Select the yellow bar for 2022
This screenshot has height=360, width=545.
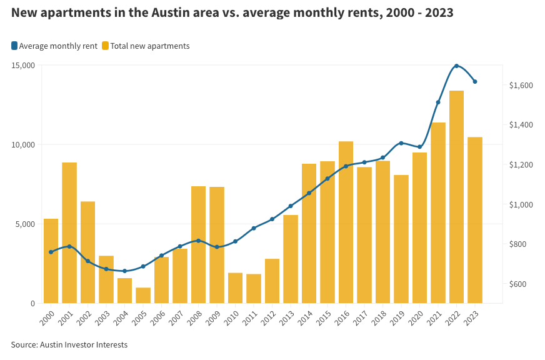(456, 197)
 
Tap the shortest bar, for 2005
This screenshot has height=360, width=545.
(143, 296)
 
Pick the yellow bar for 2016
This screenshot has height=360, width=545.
(346, 222)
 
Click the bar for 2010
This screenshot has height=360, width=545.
(235, 288)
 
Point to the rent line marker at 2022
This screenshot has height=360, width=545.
(456, 66)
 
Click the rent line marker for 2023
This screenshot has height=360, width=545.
(475, 82)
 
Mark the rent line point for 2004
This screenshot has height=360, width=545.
(124, 271)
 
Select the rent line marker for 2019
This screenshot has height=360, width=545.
(401, 143)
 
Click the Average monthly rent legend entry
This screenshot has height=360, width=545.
(54, 46)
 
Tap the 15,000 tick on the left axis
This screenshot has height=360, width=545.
(23, 65)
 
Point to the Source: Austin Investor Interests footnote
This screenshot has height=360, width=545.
(69, 344)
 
